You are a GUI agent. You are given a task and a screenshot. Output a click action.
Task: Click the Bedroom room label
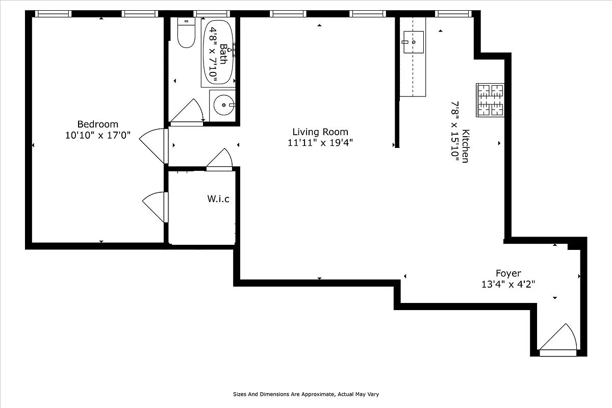coord(97,124)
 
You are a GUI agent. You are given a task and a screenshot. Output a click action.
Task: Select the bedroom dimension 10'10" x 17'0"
coord(97,135)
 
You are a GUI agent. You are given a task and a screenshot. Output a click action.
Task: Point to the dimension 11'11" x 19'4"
coord(320,143)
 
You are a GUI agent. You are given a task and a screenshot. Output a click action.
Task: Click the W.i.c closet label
coord(218,199)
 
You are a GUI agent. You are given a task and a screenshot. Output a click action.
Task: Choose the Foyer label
coord(508,273)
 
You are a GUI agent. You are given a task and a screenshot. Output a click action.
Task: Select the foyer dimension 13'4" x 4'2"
coord(508,284)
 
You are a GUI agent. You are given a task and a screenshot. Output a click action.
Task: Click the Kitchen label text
coord(465,146)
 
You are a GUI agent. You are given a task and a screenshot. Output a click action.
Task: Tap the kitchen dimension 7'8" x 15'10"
coord(454,132)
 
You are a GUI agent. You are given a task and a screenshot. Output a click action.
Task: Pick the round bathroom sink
coord(223,106)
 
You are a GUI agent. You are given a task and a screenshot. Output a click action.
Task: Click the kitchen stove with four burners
coord(490,100)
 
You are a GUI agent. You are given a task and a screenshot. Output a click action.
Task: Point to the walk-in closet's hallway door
coord(220,159)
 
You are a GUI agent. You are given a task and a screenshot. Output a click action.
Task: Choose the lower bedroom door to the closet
coord(155,207)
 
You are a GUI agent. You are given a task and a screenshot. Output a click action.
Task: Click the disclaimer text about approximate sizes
coord(306,394)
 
